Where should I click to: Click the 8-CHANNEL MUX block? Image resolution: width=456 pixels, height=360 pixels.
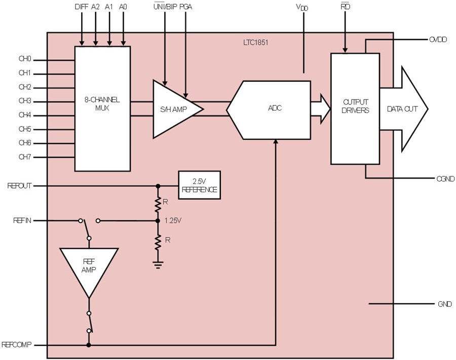102,109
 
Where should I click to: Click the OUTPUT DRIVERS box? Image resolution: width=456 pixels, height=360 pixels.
355,109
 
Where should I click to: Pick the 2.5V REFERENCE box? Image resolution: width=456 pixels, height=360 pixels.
199,185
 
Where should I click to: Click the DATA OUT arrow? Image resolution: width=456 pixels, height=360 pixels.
404,109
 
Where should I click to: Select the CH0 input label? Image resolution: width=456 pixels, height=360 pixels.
25,59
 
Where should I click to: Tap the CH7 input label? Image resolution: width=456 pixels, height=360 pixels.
25,157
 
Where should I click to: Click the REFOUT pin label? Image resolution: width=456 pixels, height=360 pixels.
19,186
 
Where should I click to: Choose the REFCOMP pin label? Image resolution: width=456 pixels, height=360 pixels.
16,345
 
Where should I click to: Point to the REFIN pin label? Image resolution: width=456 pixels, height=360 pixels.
22,221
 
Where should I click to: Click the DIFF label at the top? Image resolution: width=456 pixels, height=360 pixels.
82,7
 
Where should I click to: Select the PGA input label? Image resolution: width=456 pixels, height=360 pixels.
185,7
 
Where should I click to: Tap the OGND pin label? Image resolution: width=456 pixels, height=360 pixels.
445,178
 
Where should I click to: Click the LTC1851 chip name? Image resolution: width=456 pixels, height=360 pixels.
256,43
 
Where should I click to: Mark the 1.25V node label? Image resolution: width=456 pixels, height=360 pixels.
173,221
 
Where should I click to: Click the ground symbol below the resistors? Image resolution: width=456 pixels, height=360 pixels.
158,265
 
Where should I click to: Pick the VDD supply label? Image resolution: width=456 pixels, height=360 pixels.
302,7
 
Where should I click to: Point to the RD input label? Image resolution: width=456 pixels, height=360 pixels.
345,7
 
